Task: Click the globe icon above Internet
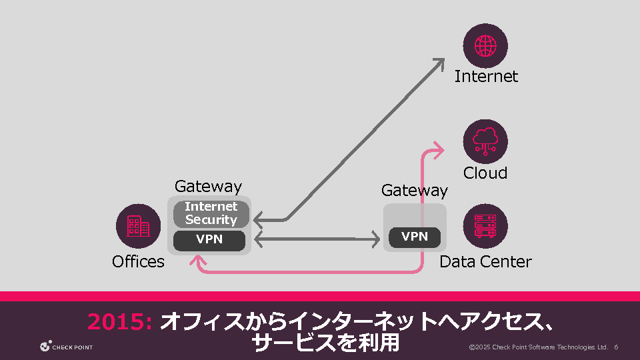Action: [485, 45]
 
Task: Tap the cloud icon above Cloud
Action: [485, 142]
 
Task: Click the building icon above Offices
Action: [138, 227]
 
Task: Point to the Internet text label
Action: [486, 77]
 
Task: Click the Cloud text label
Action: [485, 173]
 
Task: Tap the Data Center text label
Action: [485, 262]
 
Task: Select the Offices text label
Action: [138, 262]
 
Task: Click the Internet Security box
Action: [211, 213]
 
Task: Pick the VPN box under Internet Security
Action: [209, 239]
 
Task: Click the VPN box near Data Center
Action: [415, 237]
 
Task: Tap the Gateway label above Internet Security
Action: [208, 187]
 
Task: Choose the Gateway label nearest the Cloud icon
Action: [415, 191]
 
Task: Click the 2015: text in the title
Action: [121, 322]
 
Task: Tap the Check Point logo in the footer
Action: [66, 347]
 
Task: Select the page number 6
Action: [617, 347]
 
